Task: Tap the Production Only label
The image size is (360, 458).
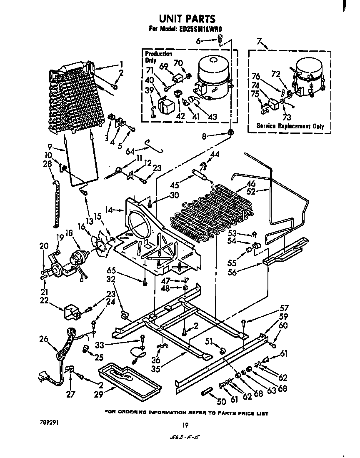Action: pos(158,57)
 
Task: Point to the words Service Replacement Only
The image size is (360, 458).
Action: pos(290,126)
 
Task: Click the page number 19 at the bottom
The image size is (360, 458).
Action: pos(185,425)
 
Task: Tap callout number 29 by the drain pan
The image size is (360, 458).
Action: pos(98,395)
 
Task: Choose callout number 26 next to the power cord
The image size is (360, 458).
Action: pos(44,340)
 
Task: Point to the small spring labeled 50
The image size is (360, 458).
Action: pos(207,392)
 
